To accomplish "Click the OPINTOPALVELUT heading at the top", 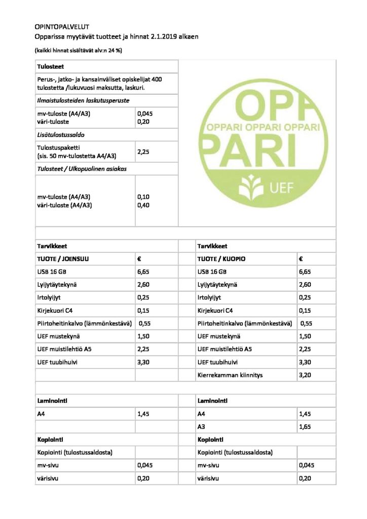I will (62, 26).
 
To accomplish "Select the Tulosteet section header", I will (50, 66).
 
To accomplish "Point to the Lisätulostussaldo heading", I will (61, 136).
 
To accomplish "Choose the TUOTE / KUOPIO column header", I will (222, 258).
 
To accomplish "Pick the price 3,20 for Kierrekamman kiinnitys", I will (304, 376).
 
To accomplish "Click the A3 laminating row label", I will (201, 427).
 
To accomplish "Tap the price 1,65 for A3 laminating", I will (304, 427).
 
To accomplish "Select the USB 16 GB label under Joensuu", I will (52, 272).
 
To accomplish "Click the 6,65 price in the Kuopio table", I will (304, 272).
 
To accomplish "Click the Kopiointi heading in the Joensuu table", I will (50, 439).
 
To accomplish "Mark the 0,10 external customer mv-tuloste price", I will (143, 196).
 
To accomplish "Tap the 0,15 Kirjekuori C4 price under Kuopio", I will (304, 311).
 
